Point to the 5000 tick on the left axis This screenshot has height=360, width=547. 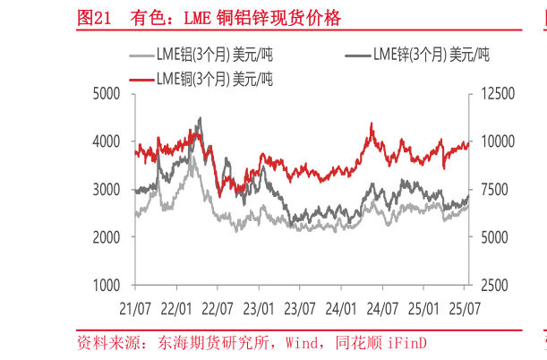click(x=107, y=93)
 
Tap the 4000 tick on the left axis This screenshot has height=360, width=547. click(x=107, y=141)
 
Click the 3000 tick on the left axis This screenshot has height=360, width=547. click(x=107, y=190)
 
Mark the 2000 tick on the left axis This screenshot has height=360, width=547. click(x=107, y=237)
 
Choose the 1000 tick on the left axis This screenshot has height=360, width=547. click(x=107, y=286)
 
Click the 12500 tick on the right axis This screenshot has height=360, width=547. click(x=494, y=93)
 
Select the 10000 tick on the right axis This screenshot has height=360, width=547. click(x=494, y=141)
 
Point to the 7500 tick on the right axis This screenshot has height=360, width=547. click(x=491, y=190)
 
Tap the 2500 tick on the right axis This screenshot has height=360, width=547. click(x=491, y=286)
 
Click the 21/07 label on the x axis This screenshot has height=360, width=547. click(x=135, y=307)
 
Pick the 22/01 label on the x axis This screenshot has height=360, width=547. click(x=176, y=307)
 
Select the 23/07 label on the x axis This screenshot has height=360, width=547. click(x=300, y=307)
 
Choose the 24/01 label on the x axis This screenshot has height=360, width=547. click(x=341, y=307)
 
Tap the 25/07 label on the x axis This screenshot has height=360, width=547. click(x=465, y=307)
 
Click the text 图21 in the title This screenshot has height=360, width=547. click(x=95, y=18)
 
